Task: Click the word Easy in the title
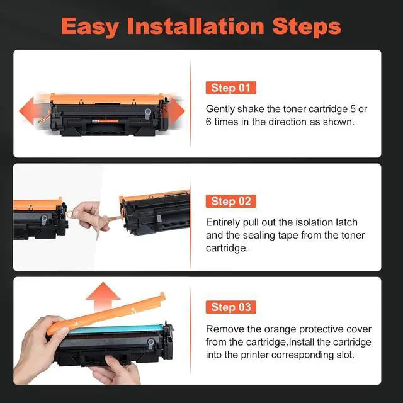90,26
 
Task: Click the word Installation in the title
196,26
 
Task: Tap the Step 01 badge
231,88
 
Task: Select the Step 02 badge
231,201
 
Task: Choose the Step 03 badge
231,307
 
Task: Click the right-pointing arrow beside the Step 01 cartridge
176,111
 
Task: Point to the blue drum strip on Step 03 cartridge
116,329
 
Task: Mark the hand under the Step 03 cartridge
116,370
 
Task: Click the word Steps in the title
307,26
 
